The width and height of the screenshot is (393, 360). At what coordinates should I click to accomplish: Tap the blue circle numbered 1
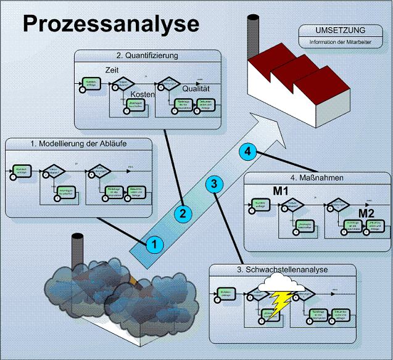(x=154, y=244)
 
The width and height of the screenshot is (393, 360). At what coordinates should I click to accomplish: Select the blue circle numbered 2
(x=183, y=213)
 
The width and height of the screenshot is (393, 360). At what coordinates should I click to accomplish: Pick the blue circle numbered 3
(x=213, y=183)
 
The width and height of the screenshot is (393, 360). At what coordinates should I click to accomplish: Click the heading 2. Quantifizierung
(x=147, y=55)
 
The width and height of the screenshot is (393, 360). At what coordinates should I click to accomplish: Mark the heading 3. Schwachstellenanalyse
(x=283, y=270)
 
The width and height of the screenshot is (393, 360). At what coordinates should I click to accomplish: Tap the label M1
(x=282, y=190)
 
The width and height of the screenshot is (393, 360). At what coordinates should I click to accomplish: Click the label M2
(x=367, y=213)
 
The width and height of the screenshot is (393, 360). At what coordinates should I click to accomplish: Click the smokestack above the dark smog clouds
(x=77, y=253)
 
